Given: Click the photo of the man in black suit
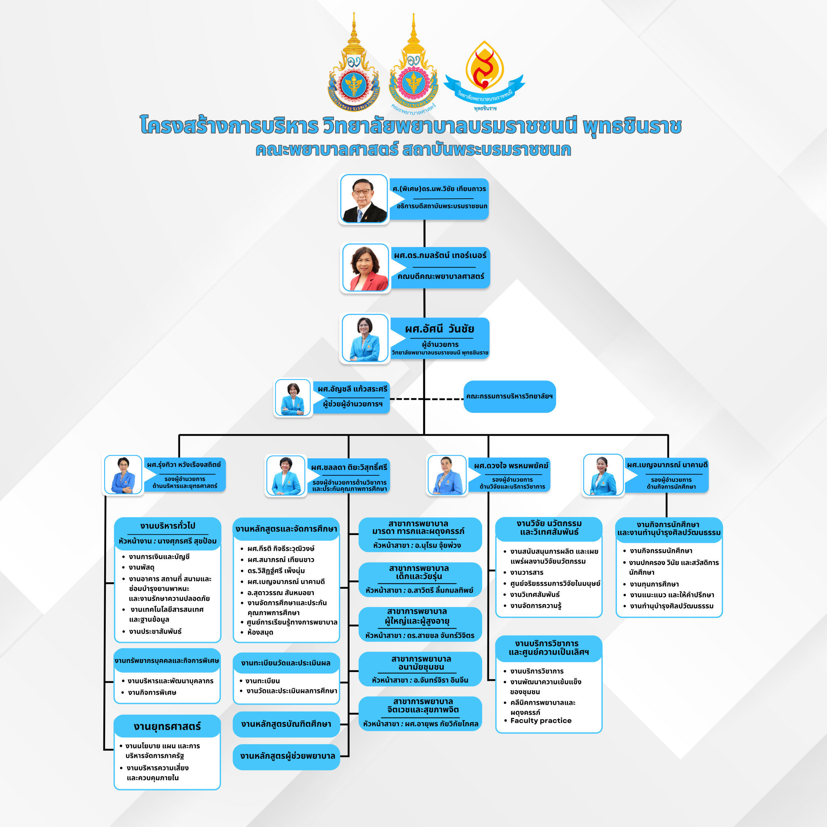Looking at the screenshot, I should click(x=364, y=199).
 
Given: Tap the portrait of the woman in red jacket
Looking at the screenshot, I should click(x=365, y=269).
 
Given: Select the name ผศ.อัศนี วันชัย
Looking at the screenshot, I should click(x=440, y=329).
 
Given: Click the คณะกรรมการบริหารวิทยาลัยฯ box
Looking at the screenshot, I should click(x=509, y=397).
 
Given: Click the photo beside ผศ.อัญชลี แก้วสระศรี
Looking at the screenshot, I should click(x=293, y=398).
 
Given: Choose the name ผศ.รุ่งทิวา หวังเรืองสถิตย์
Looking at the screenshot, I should click(x=184, y=464).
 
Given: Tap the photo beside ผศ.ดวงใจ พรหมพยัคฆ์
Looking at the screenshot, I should click(x=447, y=475).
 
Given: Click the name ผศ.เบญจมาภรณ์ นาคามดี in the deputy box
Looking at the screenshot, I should click(x=667, y=465).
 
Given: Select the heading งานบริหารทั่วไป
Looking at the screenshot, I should click(x=167, y=526).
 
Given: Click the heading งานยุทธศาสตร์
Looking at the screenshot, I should click(x=167, y=726).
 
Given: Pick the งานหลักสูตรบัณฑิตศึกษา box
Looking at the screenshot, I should click(x=286, y=724).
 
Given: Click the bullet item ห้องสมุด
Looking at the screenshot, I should click(x=260, y=632).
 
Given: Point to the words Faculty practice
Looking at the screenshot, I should click(x=541, y=720).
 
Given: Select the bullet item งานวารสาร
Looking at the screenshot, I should click(x=527, y=572).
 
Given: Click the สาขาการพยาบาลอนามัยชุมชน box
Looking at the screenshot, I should click(x=420, y=669).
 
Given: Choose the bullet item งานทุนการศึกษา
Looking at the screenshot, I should click(x=654, y=584).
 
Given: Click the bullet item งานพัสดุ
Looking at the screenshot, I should click(x=142, y=568).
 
